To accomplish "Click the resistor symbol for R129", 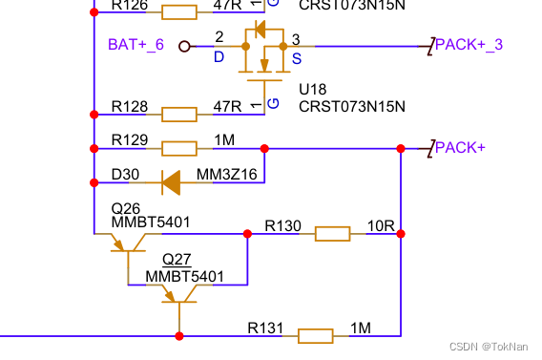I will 179,148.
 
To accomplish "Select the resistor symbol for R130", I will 332,233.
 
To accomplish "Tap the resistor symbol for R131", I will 315,335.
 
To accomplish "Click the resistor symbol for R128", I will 179,115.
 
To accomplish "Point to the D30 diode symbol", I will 172,180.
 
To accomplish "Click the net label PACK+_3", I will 469,44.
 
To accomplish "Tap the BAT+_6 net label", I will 135,45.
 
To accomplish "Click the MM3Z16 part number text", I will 226,175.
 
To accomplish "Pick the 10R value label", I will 381,226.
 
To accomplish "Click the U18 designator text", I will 313,89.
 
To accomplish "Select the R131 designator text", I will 266,328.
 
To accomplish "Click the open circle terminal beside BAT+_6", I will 184,46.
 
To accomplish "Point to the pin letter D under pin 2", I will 219,57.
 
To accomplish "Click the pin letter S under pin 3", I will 296,57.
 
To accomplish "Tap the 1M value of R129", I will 224,140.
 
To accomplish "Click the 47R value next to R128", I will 227,106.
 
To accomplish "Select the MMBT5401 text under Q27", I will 184,277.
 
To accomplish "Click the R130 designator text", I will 282,226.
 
